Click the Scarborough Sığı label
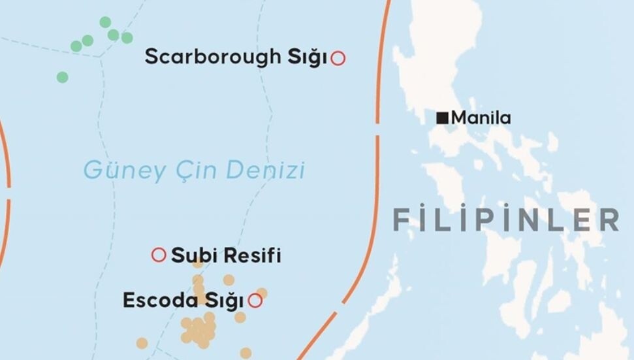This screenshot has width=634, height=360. [235, 57]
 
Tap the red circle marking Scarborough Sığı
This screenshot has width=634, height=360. [338, 58]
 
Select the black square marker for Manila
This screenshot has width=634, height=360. [442, 118]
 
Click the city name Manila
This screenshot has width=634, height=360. [481, 118]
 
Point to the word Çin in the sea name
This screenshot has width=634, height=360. [187, 171]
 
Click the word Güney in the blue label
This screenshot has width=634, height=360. [119, 171]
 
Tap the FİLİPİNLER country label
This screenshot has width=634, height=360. [506, 220]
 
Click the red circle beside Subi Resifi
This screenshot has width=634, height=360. [159, 255]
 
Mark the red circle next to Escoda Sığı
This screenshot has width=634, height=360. [255, 301]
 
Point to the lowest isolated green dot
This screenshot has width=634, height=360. [62, 77]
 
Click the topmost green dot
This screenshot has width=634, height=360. [105, 22]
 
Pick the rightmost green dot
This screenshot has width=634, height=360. [127, 38]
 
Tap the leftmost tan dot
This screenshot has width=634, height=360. [142, 343]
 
